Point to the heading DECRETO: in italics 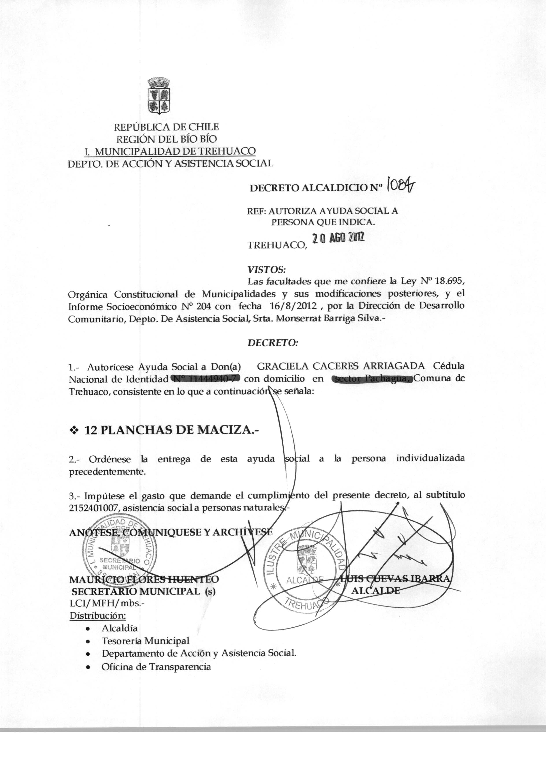(272, 343)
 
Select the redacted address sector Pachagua (371, 379)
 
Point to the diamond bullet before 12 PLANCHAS (73, 431)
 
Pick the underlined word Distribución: (98, 616)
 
